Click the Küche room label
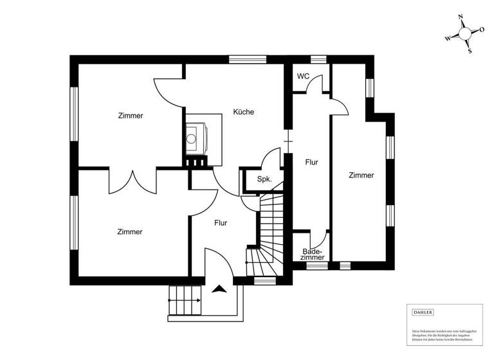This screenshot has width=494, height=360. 243,112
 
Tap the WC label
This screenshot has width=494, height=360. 303,76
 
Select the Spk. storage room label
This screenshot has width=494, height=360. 264,179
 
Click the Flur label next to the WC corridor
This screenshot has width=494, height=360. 312,163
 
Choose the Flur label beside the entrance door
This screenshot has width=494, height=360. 221,223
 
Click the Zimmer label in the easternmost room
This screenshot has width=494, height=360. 361,175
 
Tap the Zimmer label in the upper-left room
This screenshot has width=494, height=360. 131,116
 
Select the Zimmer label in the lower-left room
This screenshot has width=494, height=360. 130,231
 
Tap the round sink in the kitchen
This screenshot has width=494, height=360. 192,137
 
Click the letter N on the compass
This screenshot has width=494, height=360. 461,17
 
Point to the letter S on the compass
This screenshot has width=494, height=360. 470,51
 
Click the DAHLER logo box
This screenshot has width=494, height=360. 423,312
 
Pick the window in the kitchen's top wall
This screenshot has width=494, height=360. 244,59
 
